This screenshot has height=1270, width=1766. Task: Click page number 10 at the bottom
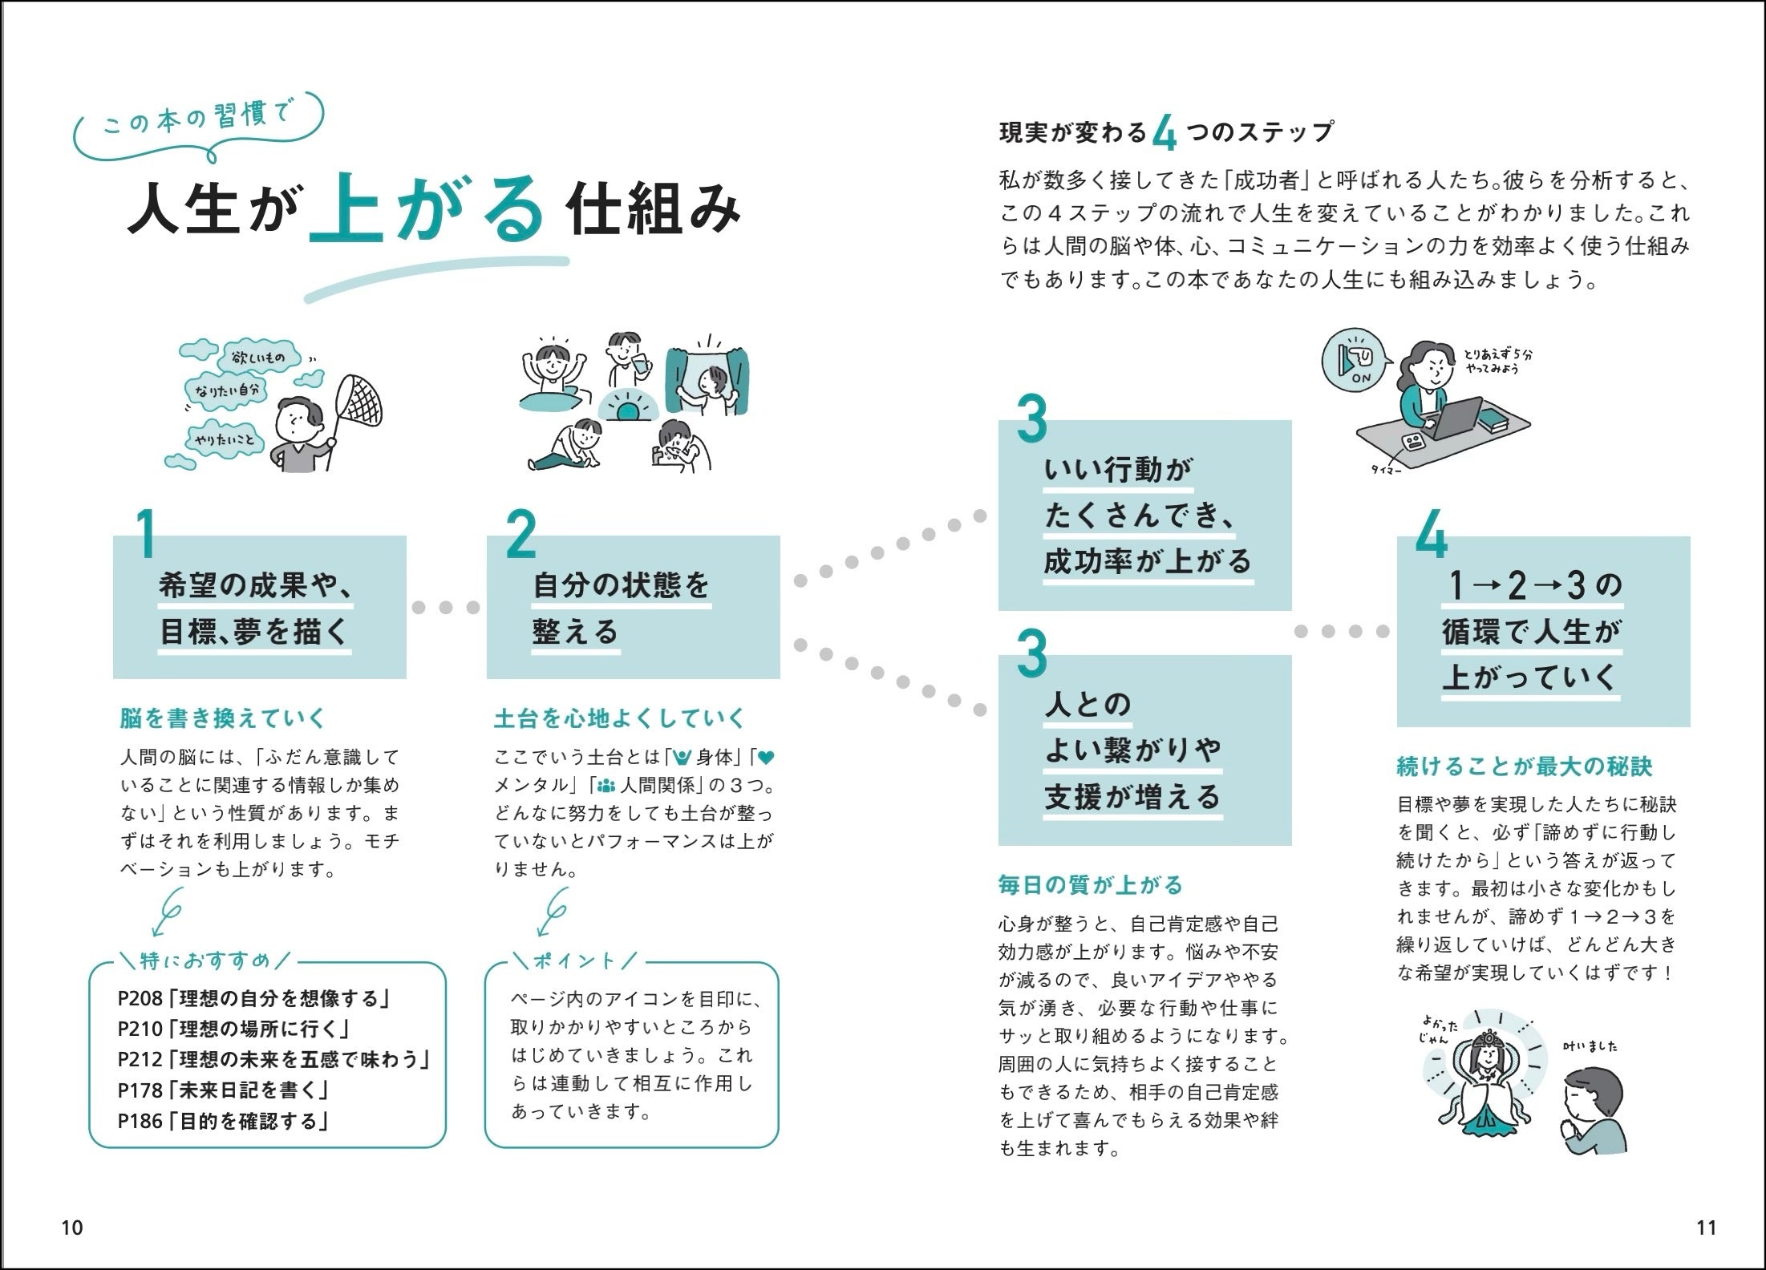coord(72,1227)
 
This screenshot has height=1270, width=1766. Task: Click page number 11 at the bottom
coord(1706,1227)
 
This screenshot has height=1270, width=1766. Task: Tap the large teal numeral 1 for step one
coord(145,535)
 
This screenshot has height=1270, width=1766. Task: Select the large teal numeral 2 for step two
coord(521,535)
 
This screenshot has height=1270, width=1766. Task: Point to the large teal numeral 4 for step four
coord(1432,535)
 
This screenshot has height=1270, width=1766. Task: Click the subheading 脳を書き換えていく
coord(223,718)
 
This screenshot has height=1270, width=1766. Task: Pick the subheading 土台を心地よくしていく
coord(620,718)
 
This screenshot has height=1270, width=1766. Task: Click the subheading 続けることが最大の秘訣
coord(1525,766)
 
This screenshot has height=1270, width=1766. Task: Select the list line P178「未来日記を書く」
coord(225,1090)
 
